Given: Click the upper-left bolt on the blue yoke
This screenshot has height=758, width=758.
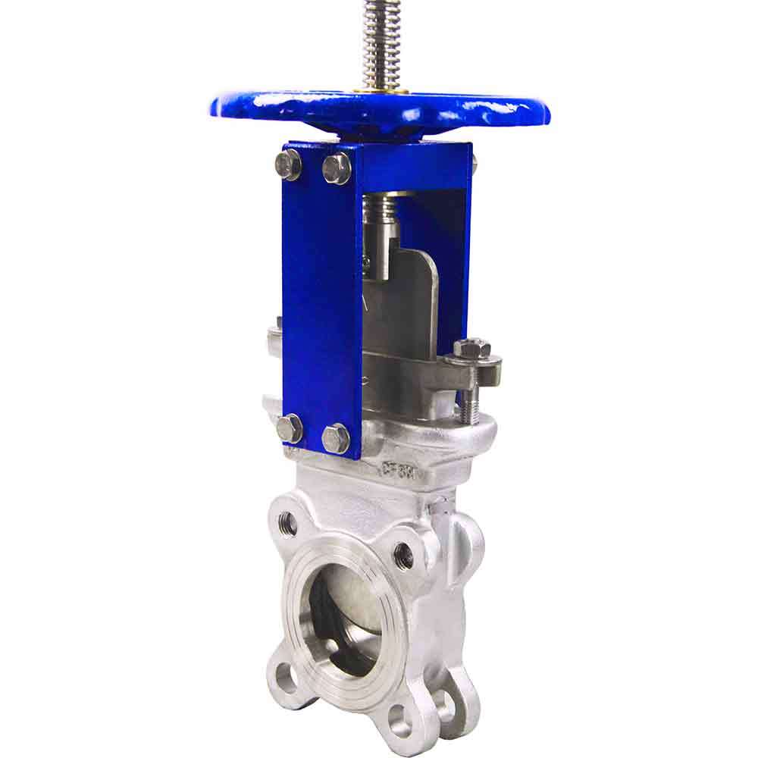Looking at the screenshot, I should point(288,164).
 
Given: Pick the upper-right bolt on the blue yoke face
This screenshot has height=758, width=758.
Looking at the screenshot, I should point(336,168).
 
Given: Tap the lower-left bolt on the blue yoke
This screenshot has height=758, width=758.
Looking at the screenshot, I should point(290,428).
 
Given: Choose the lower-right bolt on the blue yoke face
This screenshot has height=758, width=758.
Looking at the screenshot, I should point(336,438).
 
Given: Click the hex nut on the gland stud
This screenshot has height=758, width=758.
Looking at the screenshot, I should point(472,349).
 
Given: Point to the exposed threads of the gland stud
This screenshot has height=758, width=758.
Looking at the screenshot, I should point(466,398).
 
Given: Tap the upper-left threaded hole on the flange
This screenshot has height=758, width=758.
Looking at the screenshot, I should point(288,522).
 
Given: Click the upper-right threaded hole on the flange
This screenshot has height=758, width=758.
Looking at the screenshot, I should point(403,556).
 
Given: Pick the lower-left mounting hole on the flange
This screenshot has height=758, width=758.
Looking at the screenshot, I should point(287,677).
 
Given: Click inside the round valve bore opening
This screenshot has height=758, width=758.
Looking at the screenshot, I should point(345,614).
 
